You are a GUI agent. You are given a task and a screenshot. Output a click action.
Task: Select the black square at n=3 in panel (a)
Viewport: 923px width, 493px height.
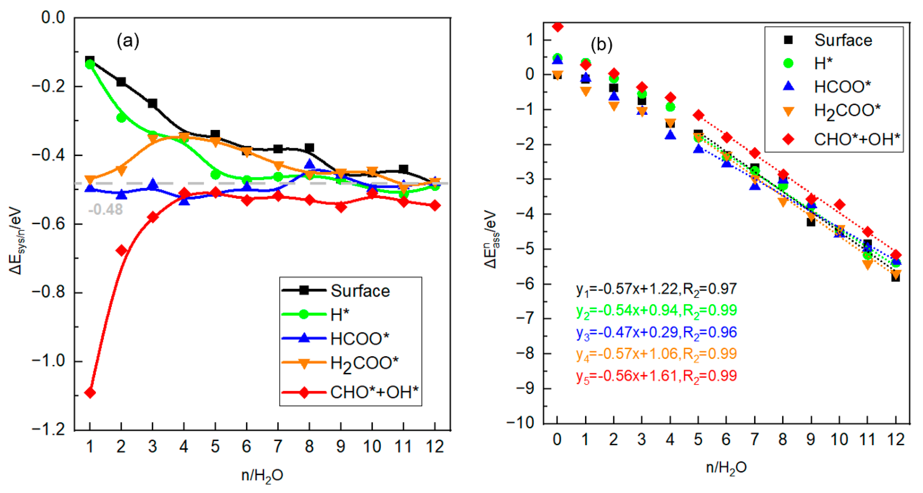pyautogui.click(x=153, y=103)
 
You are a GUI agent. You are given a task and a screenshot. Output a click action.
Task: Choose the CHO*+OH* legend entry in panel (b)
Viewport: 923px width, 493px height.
pyautogui.click(x=856, y=139)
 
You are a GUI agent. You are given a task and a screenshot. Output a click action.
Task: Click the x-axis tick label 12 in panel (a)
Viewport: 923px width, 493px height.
pyautogui.click(x=435, y=446)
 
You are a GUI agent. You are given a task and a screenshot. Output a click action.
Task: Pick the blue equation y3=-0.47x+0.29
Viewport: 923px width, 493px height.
pyautogui.click(x=656, y=332)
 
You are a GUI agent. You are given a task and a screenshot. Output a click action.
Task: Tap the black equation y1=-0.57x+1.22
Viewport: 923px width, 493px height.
pyautogui.click(x=656, y=289)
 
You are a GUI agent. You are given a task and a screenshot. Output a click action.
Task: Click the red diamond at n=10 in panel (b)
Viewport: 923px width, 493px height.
pyautogui.click(x=839, y=205)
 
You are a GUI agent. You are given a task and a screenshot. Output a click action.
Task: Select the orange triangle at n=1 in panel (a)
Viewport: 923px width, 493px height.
pyautogui.click(x=90, y=179)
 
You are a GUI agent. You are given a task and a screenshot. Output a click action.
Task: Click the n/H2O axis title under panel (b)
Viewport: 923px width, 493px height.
pyautogui.click(x=726, y=468)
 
